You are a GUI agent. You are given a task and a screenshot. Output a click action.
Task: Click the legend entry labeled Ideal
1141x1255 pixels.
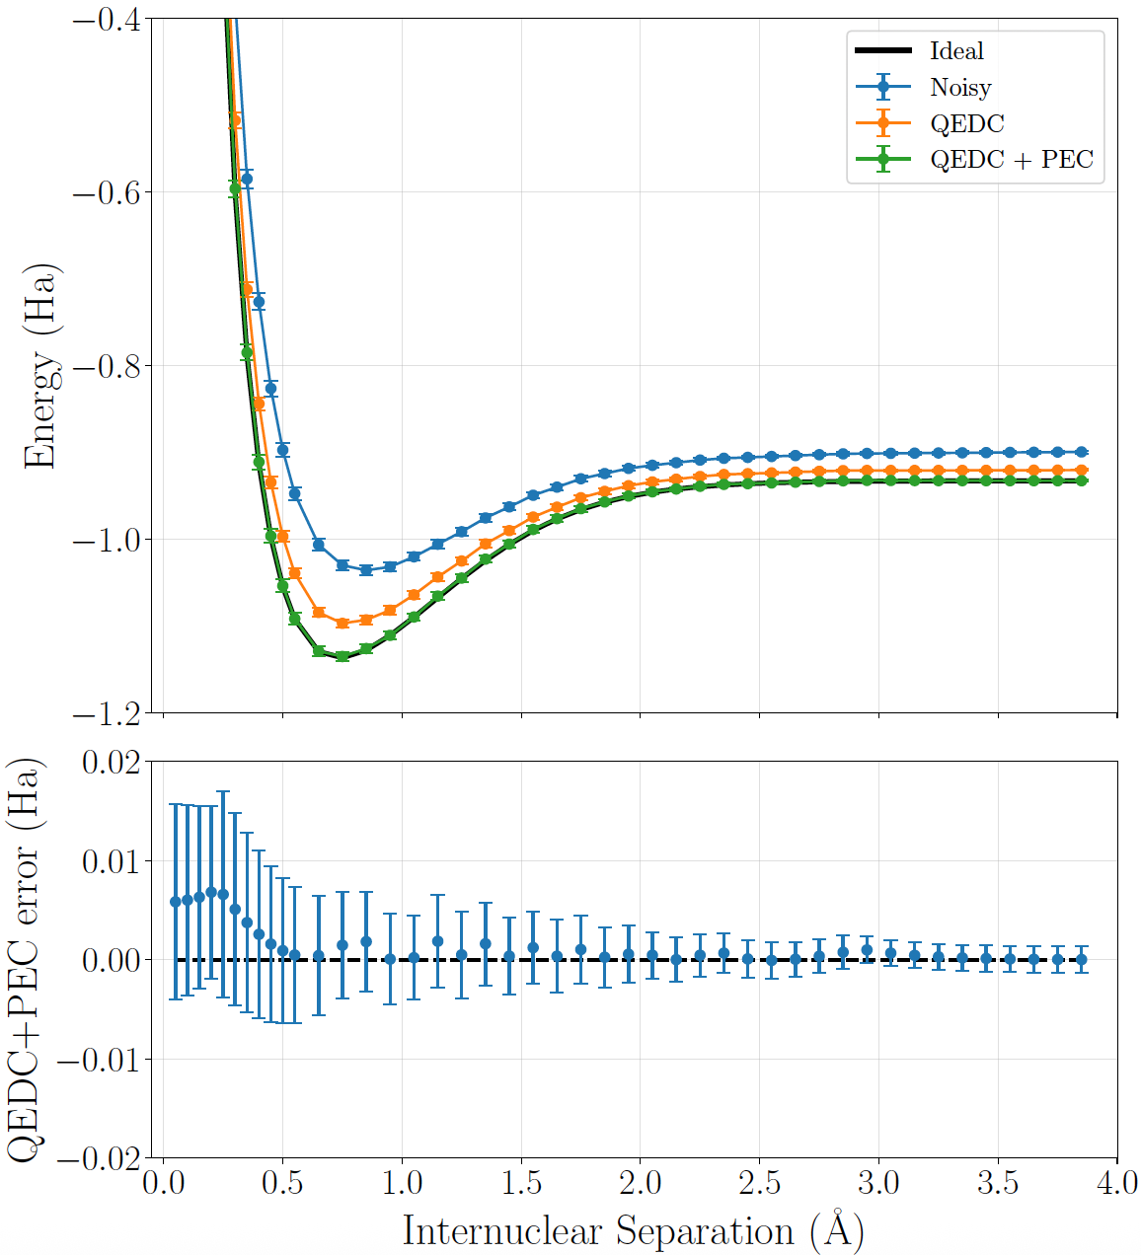(956, 51)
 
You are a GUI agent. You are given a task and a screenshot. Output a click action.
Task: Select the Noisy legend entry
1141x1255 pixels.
(960, 88)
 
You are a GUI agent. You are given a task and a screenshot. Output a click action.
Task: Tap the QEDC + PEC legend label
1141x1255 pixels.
(1012, 160)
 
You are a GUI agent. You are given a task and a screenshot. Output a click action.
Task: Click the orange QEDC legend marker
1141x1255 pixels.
(883, 123)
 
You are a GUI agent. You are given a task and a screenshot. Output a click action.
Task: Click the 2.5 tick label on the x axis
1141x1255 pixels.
(760, 1183)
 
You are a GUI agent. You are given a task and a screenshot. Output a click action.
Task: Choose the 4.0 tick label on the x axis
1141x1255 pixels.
(1117, 1183)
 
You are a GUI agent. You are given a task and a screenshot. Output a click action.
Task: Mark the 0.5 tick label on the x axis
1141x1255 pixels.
(282, 1183)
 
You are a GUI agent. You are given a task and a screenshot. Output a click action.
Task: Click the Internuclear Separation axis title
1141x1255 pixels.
(633, 1231)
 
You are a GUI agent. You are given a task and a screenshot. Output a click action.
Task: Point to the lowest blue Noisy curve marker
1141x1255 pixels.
(366, 569)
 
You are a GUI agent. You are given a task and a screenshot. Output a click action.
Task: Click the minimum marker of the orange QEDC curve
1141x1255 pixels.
(342, 624)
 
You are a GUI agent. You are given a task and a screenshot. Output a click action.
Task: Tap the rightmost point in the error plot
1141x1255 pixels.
(1081, 959)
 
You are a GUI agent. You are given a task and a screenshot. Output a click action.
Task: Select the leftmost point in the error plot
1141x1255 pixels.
(176, 902)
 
